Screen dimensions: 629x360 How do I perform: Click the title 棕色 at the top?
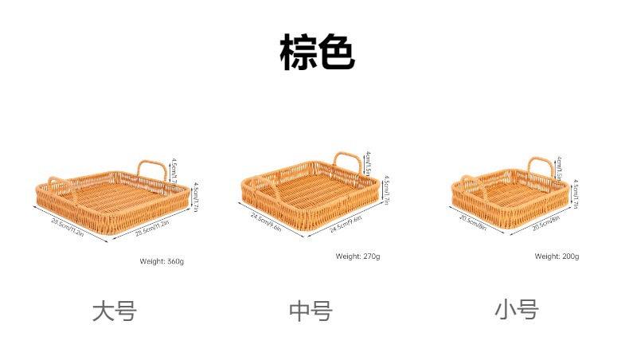316,53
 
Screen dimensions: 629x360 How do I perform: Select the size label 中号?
310,311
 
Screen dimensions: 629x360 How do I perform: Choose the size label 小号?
516,309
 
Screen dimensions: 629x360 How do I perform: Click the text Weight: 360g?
162,261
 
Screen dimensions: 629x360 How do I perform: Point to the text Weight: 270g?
357,256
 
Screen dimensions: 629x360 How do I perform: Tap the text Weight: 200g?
557,256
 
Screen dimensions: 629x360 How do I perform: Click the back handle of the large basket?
154,166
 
